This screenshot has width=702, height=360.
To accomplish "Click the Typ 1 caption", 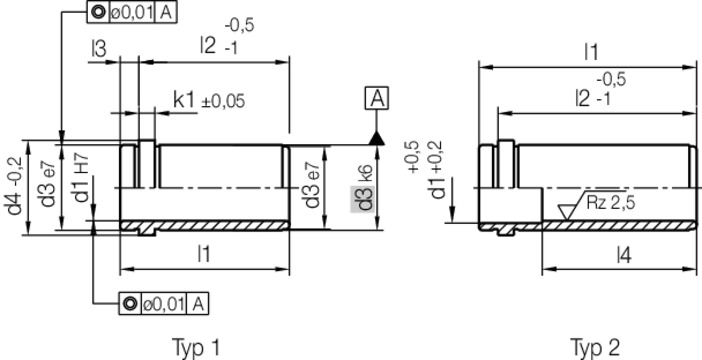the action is click(196, 347).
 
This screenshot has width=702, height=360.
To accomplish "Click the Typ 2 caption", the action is click(595, 347).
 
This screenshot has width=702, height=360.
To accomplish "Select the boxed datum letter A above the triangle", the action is click(377, 99).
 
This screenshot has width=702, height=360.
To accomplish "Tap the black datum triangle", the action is click(377, 138).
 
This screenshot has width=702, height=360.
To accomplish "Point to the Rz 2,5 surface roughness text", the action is click(610, 203).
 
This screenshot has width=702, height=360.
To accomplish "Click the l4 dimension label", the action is click(624, 256).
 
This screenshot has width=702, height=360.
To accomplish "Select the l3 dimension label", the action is click(98, 49).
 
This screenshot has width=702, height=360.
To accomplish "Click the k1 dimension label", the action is click(184, 101).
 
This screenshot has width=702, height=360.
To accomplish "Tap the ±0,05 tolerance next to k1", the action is click(223, 102).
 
